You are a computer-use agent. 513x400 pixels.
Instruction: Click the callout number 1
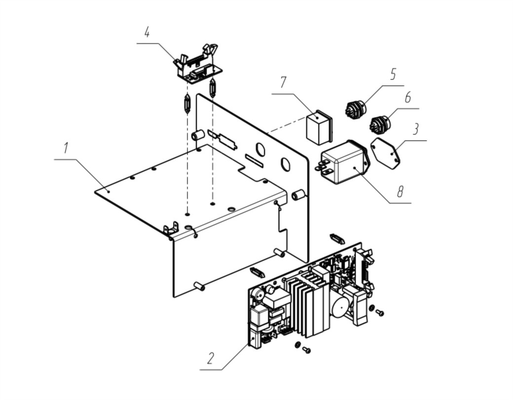pyautogui.click(x=67, y=148)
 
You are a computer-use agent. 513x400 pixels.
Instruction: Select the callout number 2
pyautogui.click(x=211, y=358)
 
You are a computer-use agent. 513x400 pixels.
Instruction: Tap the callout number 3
pyautogui.click(x=415, y=129)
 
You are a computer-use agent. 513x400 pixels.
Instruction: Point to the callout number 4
pyautogui.click(x=147, y=32)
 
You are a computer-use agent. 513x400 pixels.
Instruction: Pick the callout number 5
pyautogui.click(x=393, y=75)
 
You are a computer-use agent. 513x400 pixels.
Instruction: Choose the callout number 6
pyautogui.click(x=407, y=97)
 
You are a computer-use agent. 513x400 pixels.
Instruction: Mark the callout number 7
pyautogui.click(x=283, y=82)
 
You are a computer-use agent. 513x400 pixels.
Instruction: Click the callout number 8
pyautogui.click(x=400, y=192)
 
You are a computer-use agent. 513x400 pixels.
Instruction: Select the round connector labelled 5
pyautogui.click(x=356, y=108)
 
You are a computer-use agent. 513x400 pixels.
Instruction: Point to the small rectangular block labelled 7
pyautogui.click(x=319, y=127)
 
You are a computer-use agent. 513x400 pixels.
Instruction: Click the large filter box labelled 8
pyautogui.click(x=343, y=162)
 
